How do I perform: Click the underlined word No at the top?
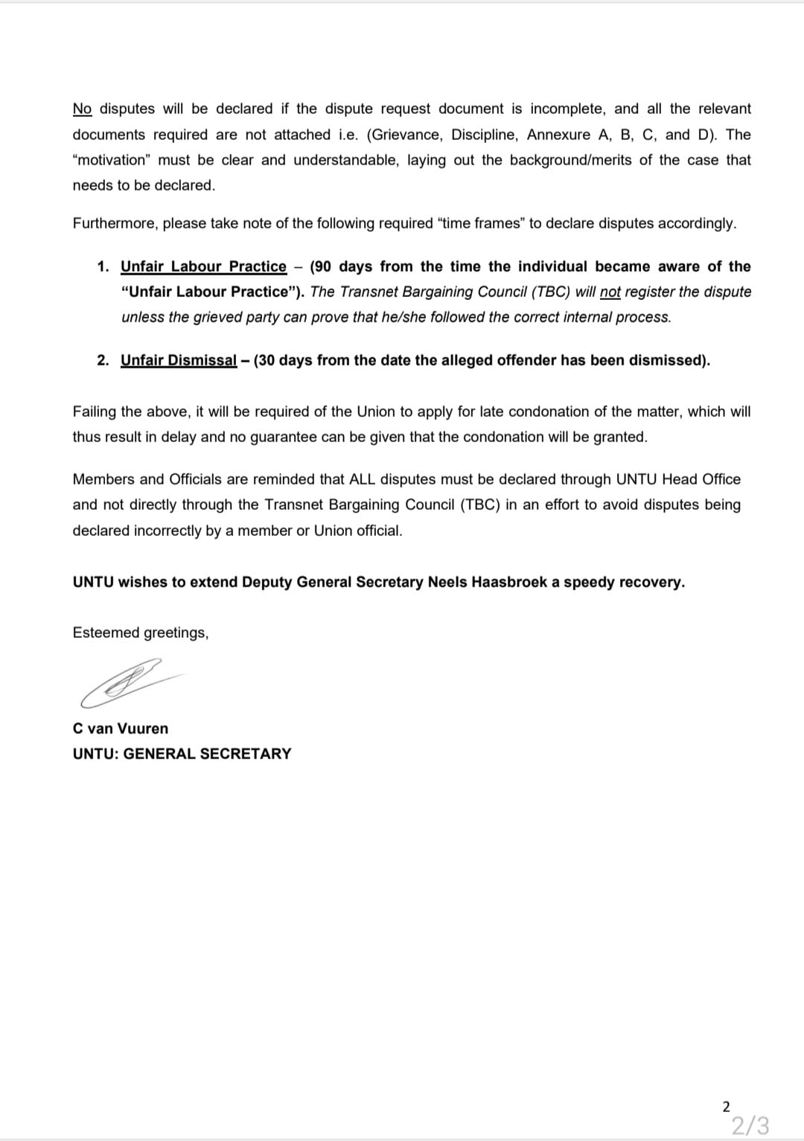pos(82,109)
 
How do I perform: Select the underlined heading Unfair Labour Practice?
pos(203,266)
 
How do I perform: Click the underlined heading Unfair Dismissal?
pos(179,360)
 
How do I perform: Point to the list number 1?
pos(103,266)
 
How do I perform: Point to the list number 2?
pos(103,360)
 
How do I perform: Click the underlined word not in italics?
pos(610,292)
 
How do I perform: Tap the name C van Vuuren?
pos(121,729)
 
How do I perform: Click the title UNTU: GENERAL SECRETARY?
pos(182,754)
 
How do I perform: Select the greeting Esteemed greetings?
pos(140,633)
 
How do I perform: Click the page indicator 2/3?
pos(750,1124)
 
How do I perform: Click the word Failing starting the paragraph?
pos(95,412)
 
